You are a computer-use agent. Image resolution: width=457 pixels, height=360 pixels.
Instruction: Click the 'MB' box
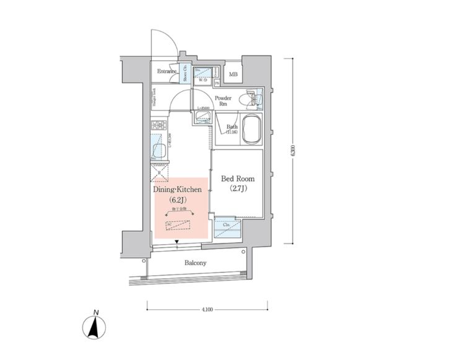(x=233, y=76)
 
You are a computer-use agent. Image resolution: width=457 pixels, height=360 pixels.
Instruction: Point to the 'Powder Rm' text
(x=223, y=101)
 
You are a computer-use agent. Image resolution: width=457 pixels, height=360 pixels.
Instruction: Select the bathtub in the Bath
(x=252, y=130)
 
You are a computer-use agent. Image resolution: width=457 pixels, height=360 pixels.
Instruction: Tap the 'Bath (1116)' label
(x=232, y=130)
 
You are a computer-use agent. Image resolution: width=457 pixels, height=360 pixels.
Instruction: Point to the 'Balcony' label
(x=195, y=263)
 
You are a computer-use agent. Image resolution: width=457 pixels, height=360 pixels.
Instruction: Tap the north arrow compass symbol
(x=94, y=326)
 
